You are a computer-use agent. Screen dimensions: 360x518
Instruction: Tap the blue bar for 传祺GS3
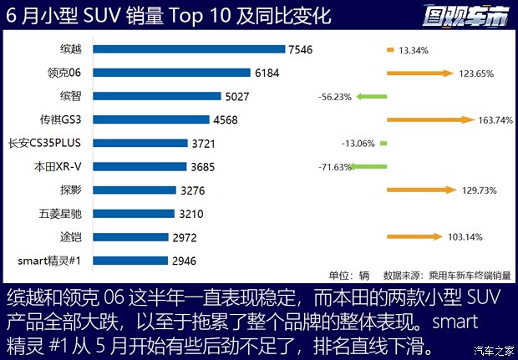pyautogui.click(x=150, y=119)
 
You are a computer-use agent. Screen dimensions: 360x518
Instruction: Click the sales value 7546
pyautogui.click(x=300, y=49)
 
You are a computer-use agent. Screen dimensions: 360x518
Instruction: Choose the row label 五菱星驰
pyautogui.click(x=60, y=214)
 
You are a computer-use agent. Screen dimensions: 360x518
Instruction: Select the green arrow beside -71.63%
pyautogui.click(x=368, y=167)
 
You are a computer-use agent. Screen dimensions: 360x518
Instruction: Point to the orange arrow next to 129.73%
pyautogui.click(x=420, y=190)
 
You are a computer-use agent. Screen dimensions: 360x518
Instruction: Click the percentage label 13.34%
pyautogui.click(x=414, y=50)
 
